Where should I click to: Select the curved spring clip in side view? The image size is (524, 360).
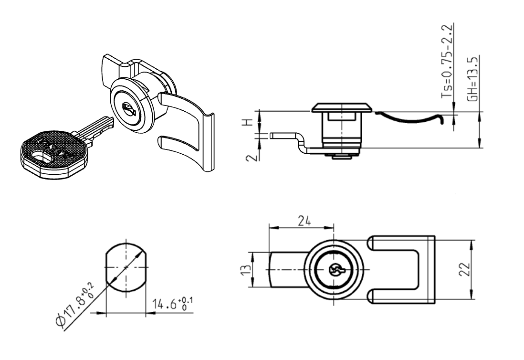click(x=410, y=117)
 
